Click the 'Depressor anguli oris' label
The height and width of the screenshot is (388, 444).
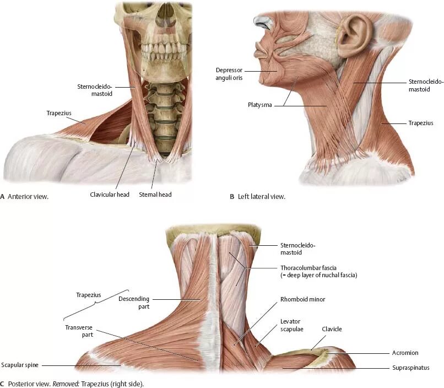pos(230,74)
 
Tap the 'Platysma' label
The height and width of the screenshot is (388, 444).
pos(259,105)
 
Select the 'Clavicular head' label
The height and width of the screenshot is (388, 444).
pos(110,195)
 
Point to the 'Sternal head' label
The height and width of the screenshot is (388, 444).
pos(155,195)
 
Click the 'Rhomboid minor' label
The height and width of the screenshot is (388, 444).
pos(302,299)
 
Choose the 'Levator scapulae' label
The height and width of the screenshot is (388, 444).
pos(290,325)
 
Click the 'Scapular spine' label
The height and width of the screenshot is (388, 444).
pos(20,365)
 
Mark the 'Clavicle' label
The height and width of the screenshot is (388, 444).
pos(332,329)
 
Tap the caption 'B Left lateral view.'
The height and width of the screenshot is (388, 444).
pos(257,196)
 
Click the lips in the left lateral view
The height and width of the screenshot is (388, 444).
pos(259,51)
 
